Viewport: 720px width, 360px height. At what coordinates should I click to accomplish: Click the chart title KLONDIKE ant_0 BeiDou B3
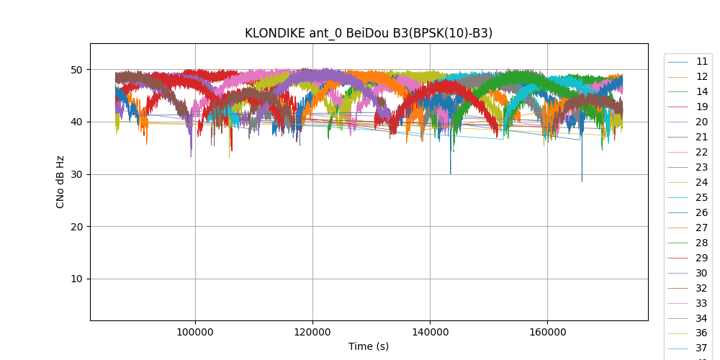point(369,33)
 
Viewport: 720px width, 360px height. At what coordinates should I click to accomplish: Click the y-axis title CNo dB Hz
point(60,182)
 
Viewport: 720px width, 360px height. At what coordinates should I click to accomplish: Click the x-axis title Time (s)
point(369,346)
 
